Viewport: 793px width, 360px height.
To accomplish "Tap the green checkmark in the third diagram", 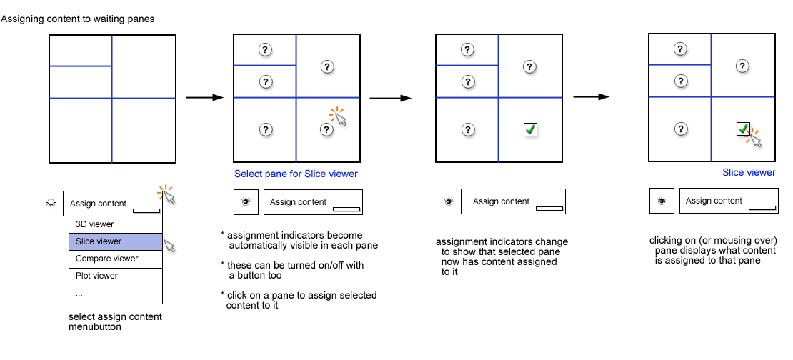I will coord(530,129).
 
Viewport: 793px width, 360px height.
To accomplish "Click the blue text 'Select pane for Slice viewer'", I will coord(296,174).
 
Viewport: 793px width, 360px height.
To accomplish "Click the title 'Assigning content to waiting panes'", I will coord(78,19).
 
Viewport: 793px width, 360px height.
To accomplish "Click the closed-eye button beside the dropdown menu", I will coord(51,204).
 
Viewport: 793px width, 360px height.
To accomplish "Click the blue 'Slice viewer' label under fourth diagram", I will coord(749,172).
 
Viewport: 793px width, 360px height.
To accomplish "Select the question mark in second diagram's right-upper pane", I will coord(327,66).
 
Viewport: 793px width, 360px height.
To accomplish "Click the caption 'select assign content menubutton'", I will coord(114,322).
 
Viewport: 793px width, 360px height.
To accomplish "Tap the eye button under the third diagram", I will coord(449,201).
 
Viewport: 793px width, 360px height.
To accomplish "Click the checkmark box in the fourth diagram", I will coord(743,129).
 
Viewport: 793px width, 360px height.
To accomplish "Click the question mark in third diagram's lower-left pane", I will coord(467,129).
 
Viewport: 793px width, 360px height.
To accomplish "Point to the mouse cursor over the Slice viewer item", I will coord(169,246).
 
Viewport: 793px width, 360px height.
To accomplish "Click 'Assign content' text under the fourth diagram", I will coord(714,201).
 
